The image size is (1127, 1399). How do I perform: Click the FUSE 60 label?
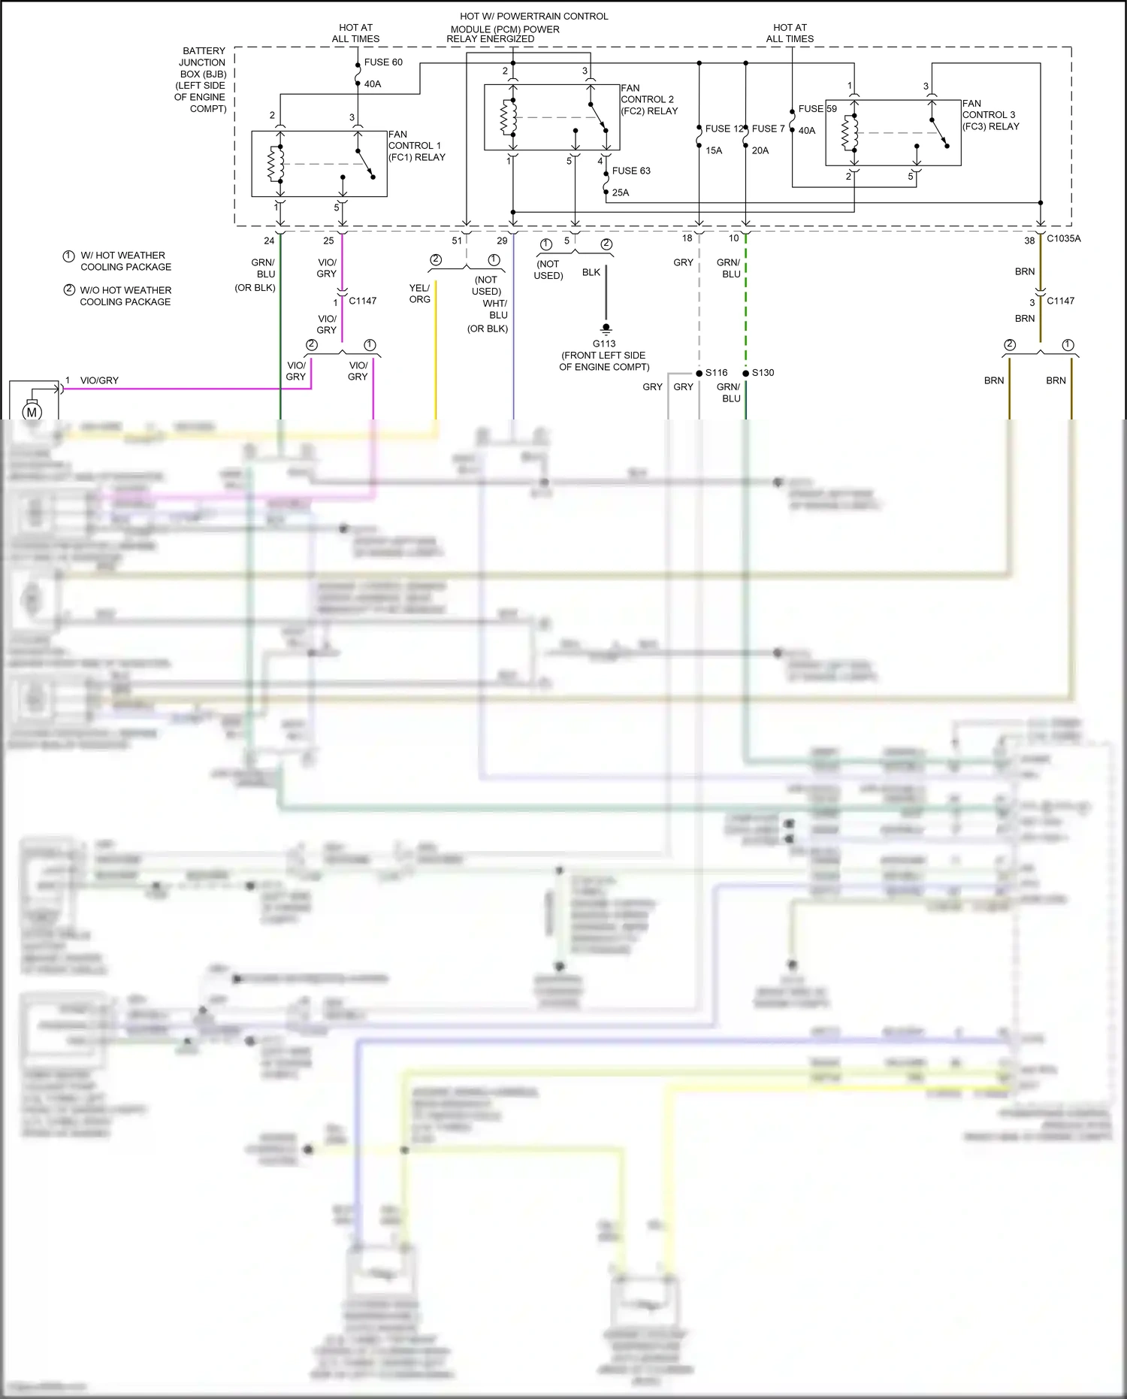coord(383,62)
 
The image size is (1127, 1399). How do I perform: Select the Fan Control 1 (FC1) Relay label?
coord(416,146)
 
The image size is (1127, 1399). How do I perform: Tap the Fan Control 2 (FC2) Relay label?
coord(648,99)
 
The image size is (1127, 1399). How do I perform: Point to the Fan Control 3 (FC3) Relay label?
coord(990,115)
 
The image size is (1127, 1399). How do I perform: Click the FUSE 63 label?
coord(631,171)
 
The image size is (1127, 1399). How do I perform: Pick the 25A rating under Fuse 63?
coord(621,192)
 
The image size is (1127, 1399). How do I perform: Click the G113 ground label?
coord(604,344)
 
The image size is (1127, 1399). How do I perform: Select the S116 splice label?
coord(716,373)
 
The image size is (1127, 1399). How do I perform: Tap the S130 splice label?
coord(763,373)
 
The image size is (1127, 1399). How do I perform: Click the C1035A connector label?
coord(1063,238)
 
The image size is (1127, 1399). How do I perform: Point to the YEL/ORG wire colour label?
coord(419,293)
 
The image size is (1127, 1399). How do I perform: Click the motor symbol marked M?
coord(32,412)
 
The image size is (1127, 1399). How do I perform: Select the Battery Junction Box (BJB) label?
coord(201,80)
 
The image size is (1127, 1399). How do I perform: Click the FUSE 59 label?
coord(817,109)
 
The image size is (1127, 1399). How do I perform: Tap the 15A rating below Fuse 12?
coord(714,150)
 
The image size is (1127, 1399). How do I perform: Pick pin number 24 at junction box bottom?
coord(269,241)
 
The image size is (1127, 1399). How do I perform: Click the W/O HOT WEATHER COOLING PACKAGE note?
coord(125,295)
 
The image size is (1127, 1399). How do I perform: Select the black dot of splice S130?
coord(745,373)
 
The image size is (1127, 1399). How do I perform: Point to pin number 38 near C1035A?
coord(1029,241)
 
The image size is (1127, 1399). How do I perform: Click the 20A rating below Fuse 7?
coord(760,150)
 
